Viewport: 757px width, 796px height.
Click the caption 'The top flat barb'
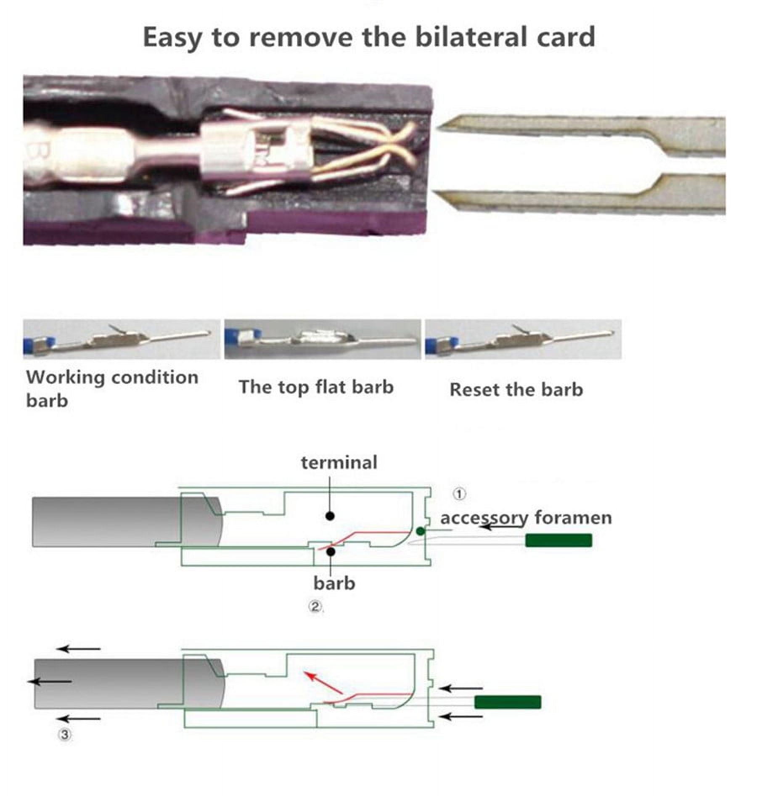click(x=316, y=387)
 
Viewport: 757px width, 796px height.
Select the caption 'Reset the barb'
click(x=516, y=390)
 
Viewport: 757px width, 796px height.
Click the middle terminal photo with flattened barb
click(x=322, y=339)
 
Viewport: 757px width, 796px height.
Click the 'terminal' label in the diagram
click(x=339, y=463)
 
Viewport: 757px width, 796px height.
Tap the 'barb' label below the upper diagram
click(x=334, y=583)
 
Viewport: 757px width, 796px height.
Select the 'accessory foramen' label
click(x=526, y=517)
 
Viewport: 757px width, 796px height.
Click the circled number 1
click(x=459, y=494)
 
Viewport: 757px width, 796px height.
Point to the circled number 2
click(x=315, y=607)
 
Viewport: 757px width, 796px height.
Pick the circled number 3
click(x=65, y=735)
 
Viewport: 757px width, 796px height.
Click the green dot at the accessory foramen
click(x=420, y=531)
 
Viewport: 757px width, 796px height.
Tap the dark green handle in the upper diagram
click(x=558, y=540)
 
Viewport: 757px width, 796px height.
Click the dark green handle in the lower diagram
click(x=508, y=702)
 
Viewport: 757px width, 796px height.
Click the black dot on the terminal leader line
click(x=330, y=516)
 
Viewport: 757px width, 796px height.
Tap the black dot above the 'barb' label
click(x=331, y=551)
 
